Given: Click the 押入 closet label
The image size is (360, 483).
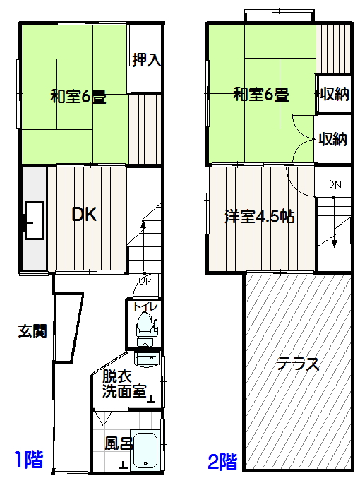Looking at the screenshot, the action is pyautogui.click(x=147, y=60).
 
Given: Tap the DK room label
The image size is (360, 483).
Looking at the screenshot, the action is pyautogui.click(x=84, y=215).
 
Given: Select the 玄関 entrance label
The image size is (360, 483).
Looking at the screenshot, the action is pyautogui.click(x=32, y=331).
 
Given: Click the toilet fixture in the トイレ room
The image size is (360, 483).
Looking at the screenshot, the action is pyautogui.click(x=145, y=328).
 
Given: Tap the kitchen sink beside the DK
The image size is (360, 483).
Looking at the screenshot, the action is pyautogui.click(x=34, y=220).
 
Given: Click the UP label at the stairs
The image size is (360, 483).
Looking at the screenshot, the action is pyautogui.click(x=145, y=281).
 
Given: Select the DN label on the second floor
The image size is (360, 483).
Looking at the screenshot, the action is pyautogui.click(x=335, y=184).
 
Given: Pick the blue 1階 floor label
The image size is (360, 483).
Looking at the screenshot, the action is pyautogui.click(x=29, y=459).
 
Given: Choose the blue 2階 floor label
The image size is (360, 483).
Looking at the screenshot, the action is pyautogui.click(x=222, y=461).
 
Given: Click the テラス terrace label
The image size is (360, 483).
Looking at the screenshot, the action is pyautogui.click(x=297, y=364).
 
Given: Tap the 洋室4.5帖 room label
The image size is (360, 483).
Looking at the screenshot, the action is pyautogui.click(x=260, y=217).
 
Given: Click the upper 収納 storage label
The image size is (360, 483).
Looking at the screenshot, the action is pyautogui.click(x=335, y=94).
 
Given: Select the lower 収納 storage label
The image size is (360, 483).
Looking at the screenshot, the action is pyautogui.click(x=333, y=139).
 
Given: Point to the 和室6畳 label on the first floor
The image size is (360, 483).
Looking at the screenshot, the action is pyautogui.click(x=78, y=97).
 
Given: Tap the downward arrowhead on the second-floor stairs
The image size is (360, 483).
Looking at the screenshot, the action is pyautogui.click(x=335, y=244).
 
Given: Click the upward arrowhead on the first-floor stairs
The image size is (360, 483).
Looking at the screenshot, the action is pyautogui.click(x=143, y=225).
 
